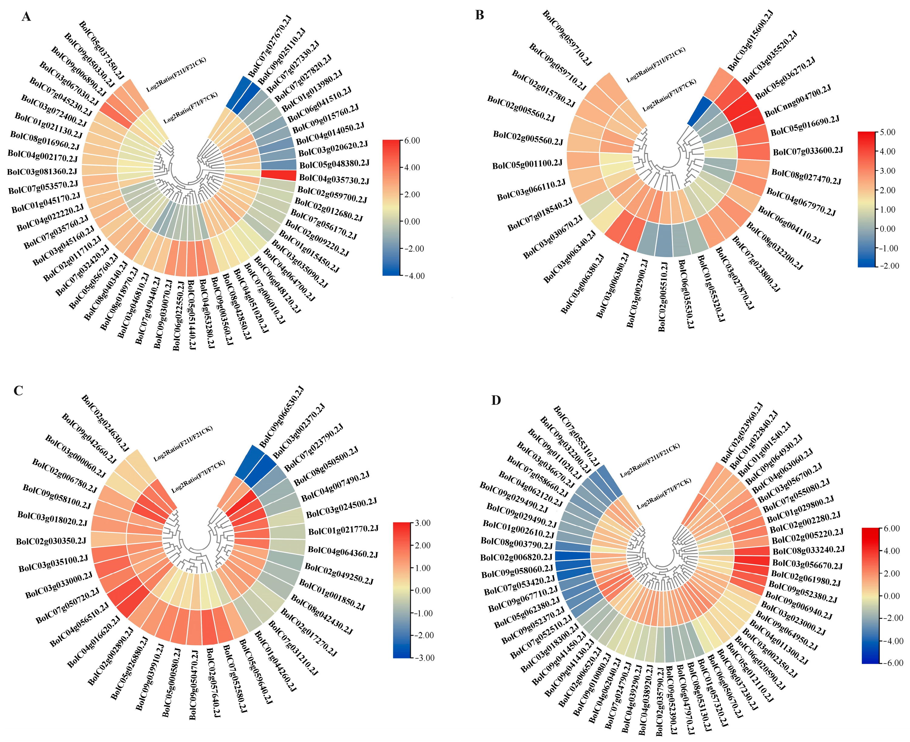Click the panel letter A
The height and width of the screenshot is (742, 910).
pos(26,17)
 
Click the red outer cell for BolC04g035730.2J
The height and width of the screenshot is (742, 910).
pos(278,175)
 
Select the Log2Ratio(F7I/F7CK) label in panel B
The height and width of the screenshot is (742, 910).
pos(670,95)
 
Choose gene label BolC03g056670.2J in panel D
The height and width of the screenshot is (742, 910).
pos(807,565)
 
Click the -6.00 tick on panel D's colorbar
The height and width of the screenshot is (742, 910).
pos(893,663)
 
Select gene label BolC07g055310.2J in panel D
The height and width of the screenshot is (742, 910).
pos(576,436)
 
